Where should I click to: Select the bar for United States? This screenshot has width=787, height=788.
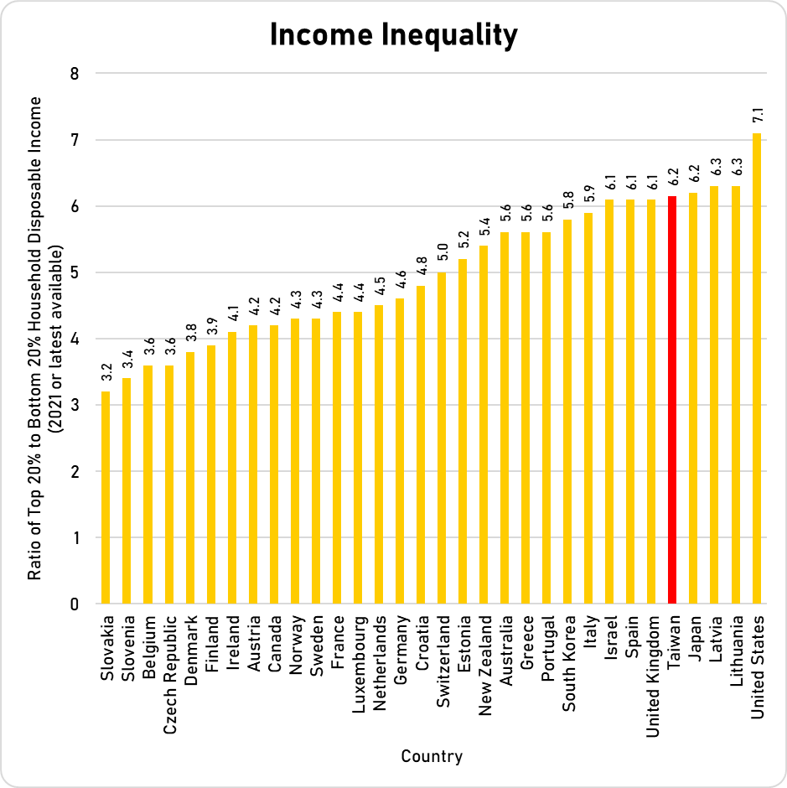coord(756,369)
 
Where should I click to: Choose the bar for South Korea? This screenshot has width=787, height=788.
coord(567,412)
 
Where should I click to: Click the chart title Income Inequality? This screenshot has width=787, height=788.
coord(393,35)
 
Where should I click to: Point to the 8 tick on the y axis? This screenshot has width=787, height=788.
coord(75,74)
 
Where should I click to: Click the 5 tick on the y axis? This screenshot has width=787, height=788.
coord(75,272)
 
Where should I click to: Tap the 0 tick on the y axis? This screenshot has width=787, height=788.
coord(75,604)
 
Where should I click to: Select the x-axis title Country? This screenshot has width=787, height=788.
coord(431,756)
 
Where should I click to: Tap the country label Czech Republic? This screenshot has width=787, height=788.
coord(169,663)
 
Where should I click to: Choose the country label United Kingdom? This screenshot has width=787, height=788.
coord(652,667)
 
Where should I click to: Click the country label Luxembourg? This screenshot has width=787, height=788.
coord(358,661)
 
